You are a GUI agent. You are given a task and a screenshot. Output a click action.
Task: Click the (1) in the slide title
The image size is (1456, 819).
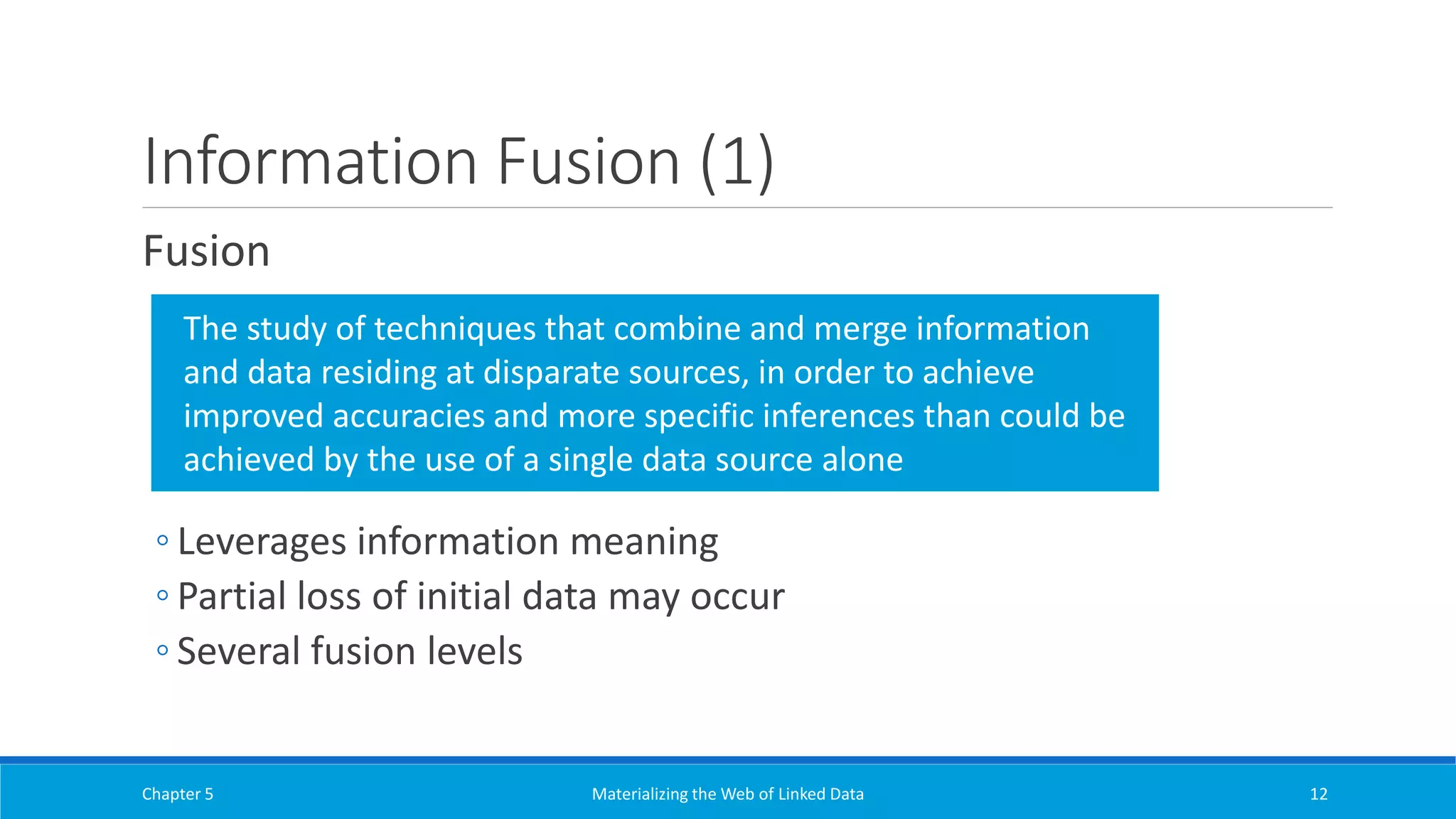click(x=737, y=162)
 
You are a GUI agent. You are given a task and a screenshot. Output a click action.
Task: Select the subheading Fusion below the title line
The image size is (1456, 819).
click(x=206, y=251)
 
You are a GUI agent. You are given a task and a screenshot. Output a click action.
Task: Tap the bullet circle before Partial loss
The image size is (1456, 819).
click(x=163, y=596)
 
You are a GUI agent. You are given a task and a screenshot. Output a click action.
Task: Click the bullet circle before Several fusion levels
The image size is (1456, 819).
click(x=163, y=650)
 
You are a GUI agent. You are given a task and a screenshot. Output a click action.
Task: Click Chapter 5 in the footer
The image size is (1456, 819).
click(x=177, y=794)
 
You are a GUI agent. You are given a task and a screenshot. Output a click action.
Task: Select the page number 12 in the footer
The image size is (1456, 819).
click(x=1318, y=794)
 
